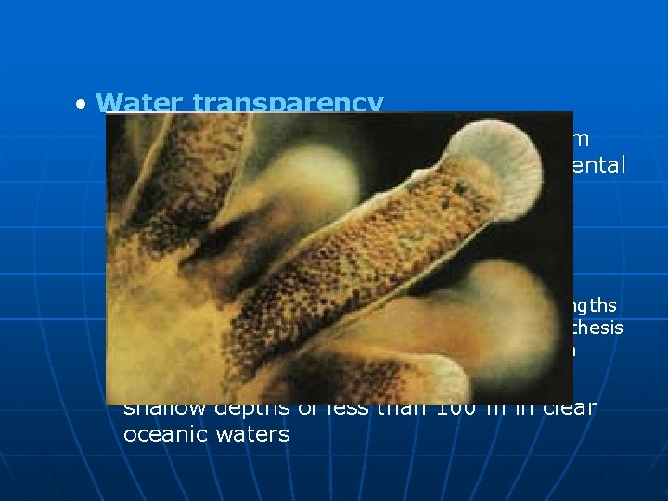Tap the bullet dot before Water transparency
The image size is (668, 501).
click(x=83, y=103)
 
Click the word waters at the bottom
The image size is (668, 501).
click(x=250, y=434)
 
